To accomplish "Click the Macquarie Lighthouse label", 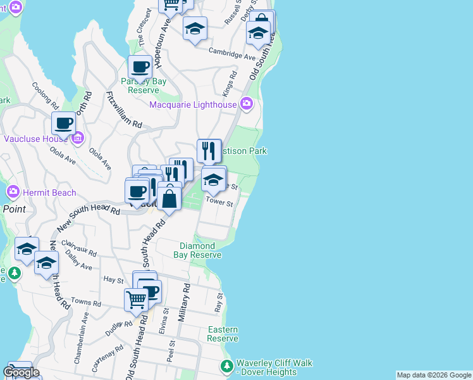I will [x=193, y=104].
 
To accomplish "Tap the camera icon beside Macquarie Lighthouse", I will [x=247, y=103].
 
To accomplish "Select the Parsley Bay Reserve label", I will [x=144, y=85].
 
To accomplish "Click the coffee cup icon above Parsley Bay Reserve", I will [x=140, y=66].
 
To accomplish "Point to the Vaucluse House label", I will [x=36, y=138].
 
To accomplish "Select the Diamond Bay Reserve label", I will [x=197, y=250].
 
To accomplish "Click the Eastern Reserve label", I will [x=223, y=334].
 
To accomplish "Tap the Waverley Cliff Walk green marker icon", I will [x=227, y=366].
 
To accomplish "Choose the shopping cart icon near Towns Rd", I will [x=137, y=300].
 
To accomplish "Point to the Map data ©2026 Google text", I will [x=433, y=375].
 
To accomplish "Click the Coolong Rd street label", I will [x=46, y=96].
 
